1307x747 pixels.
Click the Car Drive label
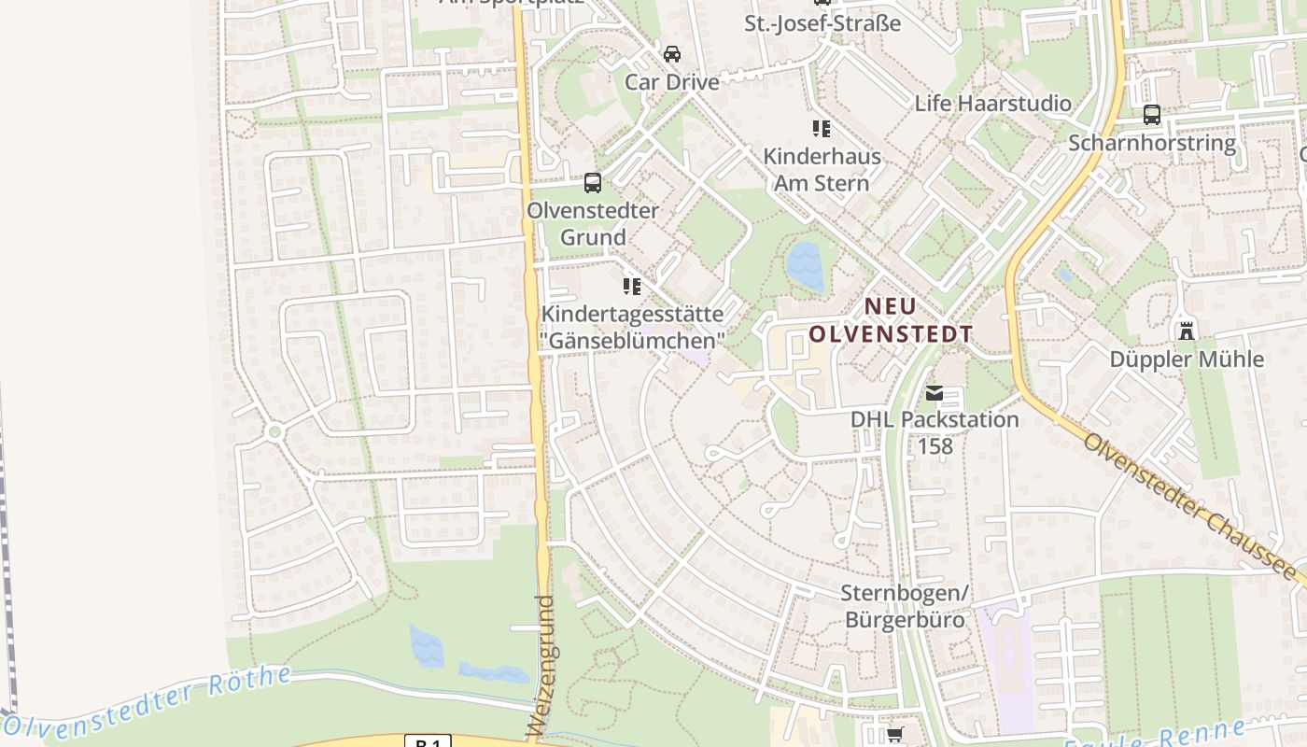(672, 82)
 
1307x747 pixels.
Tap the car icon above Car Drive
(672, 53)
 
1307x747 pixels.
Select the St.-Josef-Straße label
(822, 23)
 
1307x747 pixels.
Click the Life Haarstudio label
(993, 103)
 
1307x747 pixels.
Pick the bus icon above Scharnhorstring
(1152, 115)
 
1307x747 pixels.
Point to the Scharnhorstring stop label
(1152, 143)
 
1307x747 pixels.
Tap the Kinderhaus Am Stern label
(822, 169)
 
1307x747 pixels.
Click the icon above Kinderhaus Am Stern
(822, 128)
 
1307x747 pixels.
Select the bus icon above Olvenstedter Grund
(593, 183)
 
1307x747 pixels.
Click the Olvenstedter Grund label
(593, 223)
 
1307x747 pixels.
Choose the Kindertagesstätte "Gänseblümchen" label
(632, 327)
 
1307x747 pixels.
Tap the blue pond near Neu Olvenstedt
(806, 266)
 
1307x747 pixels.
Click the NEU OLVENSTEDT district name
(891, 320)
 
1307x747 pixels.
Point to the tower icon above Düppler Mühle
(1187, 330)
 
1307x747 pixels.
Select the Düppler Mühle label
(1187, 359)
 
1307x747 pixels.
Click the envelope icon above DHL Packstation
(935, 393)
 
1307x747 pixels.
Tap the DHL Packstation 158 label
(935, 432)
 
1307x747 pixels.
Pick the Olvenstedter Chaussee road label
(1190, 506)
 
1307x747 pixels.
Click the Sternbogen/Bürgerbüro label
(905, 606)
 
